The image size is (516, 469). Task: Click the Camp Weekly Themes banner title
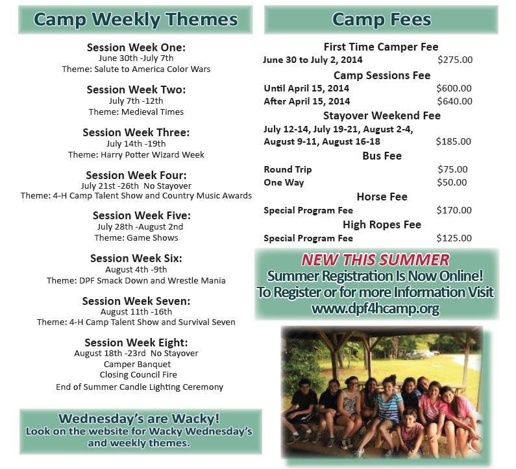(x=136, y=19)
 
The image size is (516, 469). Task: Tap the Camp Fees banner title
(x=382, y=19)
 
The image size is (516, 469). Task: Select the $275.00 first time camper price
(x=455, y=60)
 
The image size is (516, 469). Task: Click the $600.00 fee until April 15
(x=454, y=88)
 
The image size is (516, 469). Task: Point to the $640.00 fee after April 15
(x=454, y=101)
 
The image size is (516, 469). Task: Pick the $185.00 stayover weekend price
(x=454, y=141)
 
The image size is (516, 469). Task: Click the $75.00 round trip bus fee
(x=452, y=169)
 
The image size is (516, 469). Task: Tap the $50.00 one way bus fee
(x=452, y=182)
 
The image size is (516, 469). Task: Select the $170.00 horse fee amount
(x=454, y=210)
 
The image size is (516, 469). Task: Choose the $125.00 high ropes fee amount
(x=454, y=238)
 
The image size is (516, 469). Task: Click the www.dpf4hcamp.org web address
(x=376, y=309)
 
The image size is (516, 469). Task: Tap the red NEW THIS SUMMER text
(x=375, y=260)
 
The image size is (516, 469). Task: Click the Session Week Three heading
(x=136, y=132)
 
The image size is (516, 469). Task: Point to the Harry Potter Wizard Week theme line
(x=136, y=154)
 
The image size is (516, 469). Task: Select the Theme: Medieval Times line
(x=136, y=112)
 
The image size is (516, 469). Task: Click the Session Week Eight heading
(x=136, y=343)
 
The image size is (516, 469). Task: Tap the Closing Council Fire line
(x=138, y=374)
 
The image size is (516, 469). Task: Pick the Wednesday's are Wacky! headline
(x=139, y=418)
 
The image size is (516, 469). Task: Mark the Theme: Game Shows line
(x=136, y=238)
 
